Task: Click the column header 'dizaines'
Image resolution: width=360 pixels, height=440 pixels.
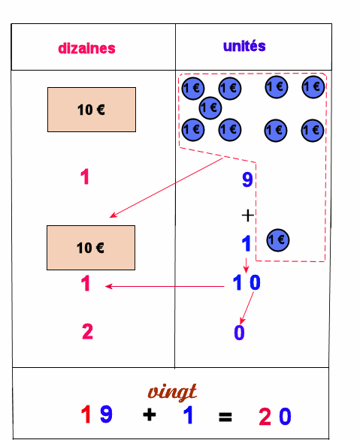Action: coord(86,49)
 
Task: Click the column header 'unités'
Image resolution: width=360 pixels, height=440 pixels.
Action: coord(244,46)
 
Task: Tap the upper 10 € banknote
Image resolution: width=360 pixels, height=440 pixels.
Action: coord(92,110)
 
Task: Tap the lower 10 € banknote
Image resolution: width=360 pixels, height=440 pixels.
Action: coord(91,248)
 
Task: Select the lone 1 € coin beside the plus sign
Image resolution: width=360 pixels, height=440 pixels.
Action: coord(278,240)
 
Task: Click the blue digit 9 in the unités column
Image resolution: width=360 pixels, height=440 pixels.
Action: coord(247,179)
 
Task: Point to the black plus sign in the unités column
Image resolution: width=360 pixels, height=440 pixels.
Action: coord(248,215)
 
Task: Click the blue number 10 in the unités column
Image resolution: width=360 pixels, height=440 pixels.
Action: coord(247,282)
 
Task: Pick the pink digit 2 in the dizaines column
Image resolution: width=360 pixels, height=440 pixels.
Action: coord(87,331)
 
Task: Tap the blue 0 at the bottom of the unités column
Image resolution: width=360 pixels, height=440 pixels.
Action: coord(239,332)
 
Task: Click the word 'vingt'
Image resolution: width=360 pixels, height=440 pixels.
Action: coord(172,392)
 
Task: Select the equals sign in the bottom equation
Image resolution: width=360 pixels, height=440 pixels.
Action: coord(225,417)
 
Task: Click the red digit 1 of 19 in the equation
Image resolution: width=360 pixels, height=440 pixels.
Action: coord(86,414)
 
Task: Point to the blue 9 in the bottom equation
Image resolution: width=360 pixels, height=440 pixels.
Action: coord(106,414)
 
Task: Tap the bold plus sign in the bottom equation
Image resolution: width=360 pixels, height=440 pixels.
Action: coord(150,414)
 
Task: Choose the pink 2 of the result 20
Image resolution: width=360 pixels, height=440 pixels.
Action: coord(265,417)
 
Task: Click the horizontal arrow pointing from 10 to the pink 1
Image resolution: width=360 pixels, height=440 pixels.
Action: coord(165,287)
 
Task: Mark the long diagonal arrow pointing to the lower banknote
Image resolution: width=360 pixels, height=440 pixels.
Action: coord(166,188)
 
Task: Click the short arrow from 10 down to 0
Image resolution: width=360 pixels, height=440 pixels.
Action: coord(247,308)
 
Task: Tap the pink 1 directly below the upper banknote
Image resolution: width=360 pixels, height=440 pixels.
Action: coord(85,176)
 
